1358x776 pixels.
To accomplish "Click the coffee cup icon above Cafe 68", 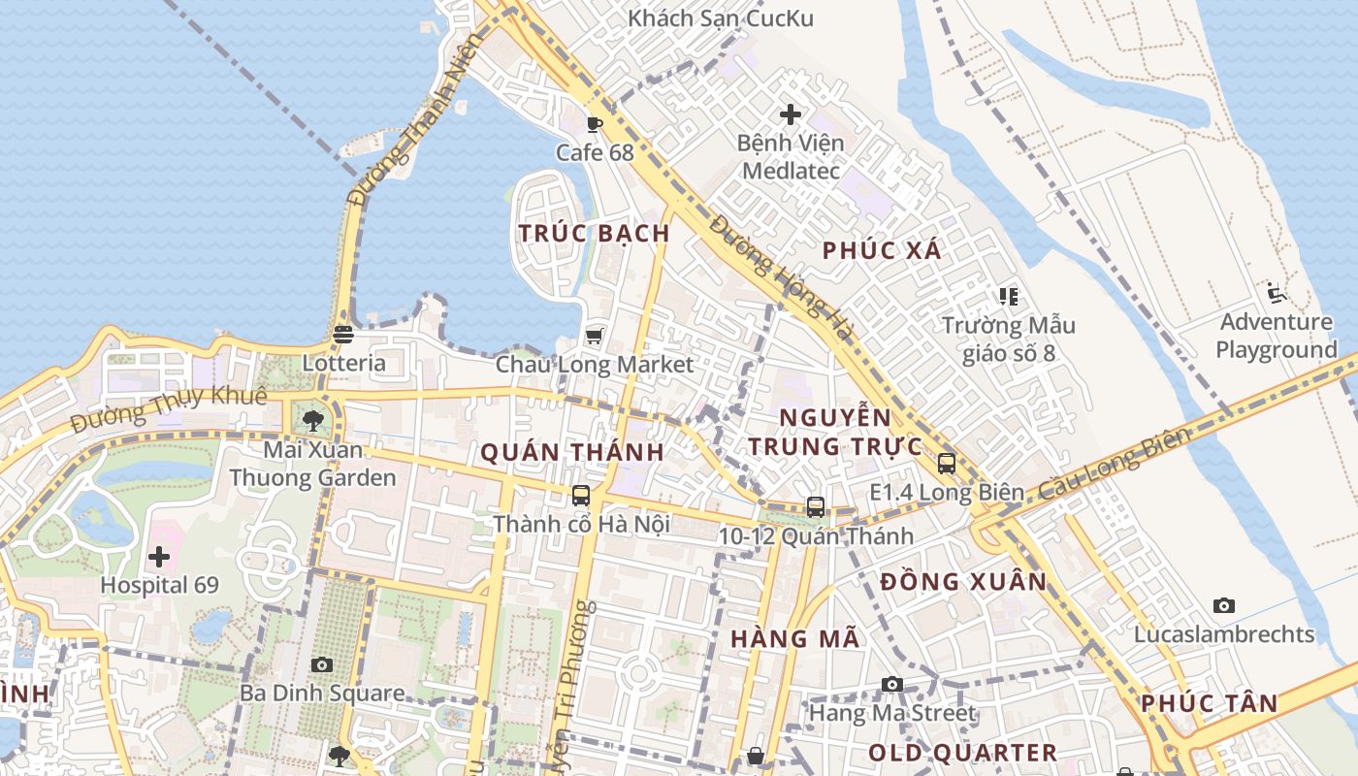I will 595,124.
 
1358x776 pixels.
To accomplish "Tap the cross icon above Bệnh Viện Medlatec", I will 791,114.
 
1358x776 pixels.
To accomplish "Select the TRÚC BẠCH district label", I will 594,234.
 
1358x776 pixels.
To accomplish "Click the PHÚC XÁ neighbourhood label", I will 882,250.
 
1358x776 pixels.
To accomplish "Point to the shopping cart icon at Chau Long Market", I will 595,336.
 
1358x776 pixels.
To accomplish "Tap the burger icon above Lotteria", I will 342,335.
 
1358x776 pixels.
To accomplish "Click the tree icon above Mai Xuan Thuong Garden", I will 312,421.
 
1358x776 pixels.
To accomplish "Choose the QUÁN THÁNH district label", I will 572,452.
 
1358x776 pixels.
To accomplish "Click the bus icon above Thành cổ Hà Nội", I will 581,496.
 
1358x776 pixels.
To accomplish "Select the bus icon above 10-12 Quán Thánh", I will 816,506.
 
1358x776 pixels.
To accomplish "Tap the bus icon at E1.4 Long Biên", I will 947,464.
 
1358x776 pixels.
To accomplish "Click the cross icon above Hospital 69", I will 159,558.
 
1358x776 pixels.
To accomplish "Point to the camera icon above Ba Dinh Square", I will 322,665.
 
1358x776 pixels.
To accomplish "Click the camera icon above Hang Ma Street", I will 892,685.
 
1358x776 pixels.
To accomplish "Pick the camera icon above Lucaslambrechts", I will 1224,606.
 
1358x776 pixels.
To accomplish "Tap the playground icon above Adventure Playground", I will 1277,293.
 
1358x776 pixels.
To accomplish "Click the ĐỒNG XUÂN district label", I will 963,582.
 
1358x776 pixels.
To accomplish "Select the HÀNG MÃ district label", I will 794,638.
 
